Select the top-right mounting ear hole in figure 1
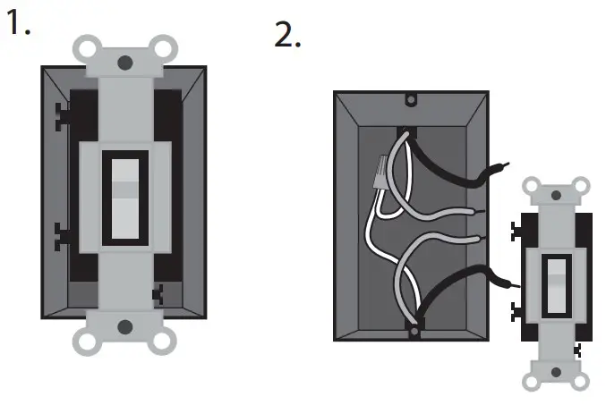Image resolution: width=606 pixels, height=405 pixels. coord(162,46)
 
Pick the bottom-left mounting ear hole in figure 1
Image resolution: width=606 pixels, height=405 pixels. coord(87,341)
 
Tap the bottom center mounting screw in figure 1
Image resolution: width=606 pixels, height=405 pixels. coord(124,326)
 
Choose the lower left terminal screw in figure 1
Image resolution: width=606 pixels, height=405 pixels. coord(63,234)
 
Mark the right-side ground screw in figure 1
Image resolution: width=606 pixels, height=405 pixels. coord(159,291)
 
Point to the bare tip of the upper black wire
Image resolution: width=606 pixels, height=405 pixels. coord(505,166)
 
